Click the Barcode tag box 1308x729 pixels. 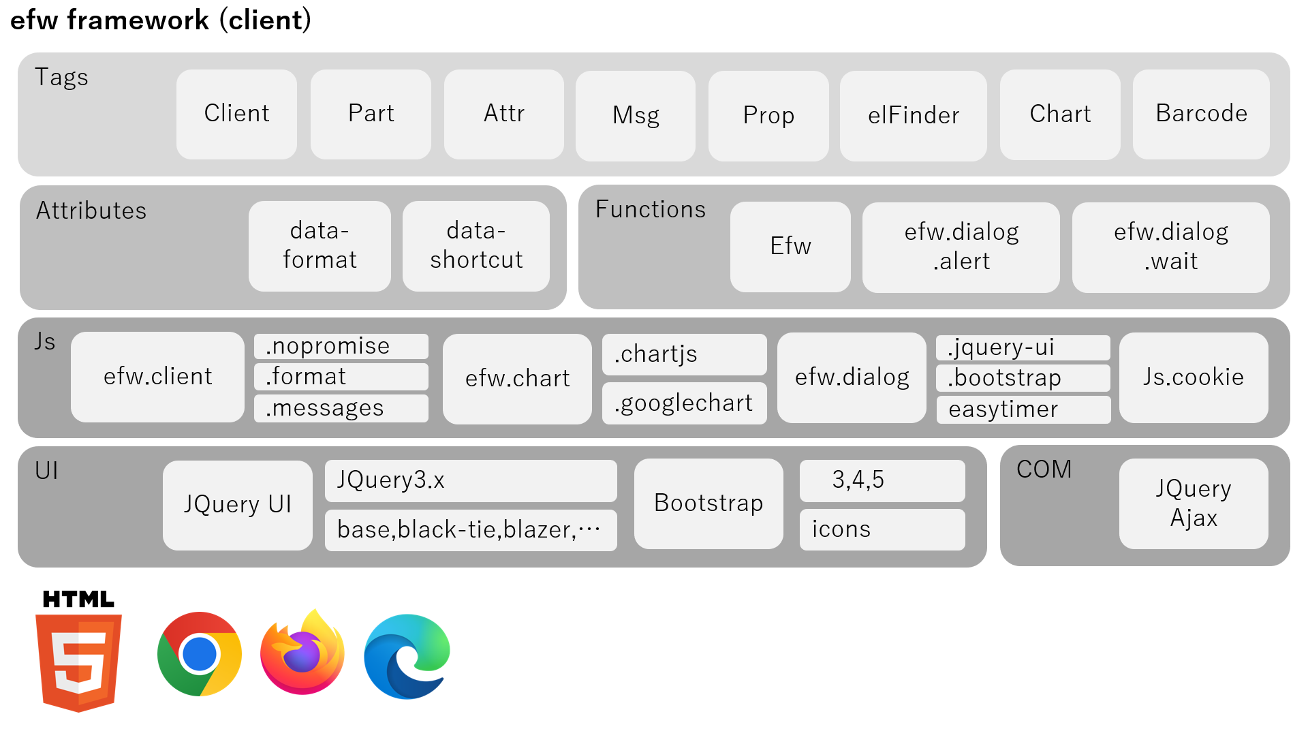pyautogui.click(x=1201, y=114)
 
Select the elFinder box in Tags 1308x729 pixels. pyautogui.click(x=913, y=115)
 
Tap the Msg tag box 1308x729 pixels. pyautogui.click(x=635, y=115)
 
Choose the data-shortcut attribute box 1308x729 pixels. pyautogui.click(x=476, y=245)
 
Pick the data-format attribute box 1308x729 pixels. pyautogui.click(x=320, y=245)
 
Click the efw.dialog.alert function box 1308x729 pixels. pyautogui.click(x=961, y=247)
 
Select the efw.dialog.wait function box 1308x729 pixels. pyautogui.click(x=1170, y=247)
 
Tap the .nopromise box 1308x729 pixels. pyautogui.click(x=341, y=346)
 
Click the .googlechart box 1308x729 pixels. pyautogui.click(x=684, y=403)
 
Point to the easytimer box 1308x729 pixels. pyautogui.click(x=1023, y=409)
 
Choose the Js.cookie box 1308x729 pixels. pyautogui.click(x=1194, y=377)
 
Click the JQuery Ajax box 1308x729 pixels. pyautogui.click(x=1194, y=503)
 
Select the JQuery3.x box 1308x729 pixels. pyautogui.click(x=471, y=480)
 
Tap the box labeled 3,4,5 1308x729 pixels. pyautogui.click(x=882, y=480)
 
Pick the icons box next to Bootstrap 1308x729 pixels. pyautogui.click(x=882, y=529)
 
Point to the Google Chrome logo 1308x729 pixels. pyautogui.click(x=200, y=654)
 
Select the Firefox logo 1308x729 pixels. pyautogui.click(x=302, y=654)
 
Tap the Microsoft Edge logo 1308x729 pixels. pyautogui.click(x=407, y=656)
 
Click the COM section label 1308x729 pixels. pyautogui.click(x=1044, y=469)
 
